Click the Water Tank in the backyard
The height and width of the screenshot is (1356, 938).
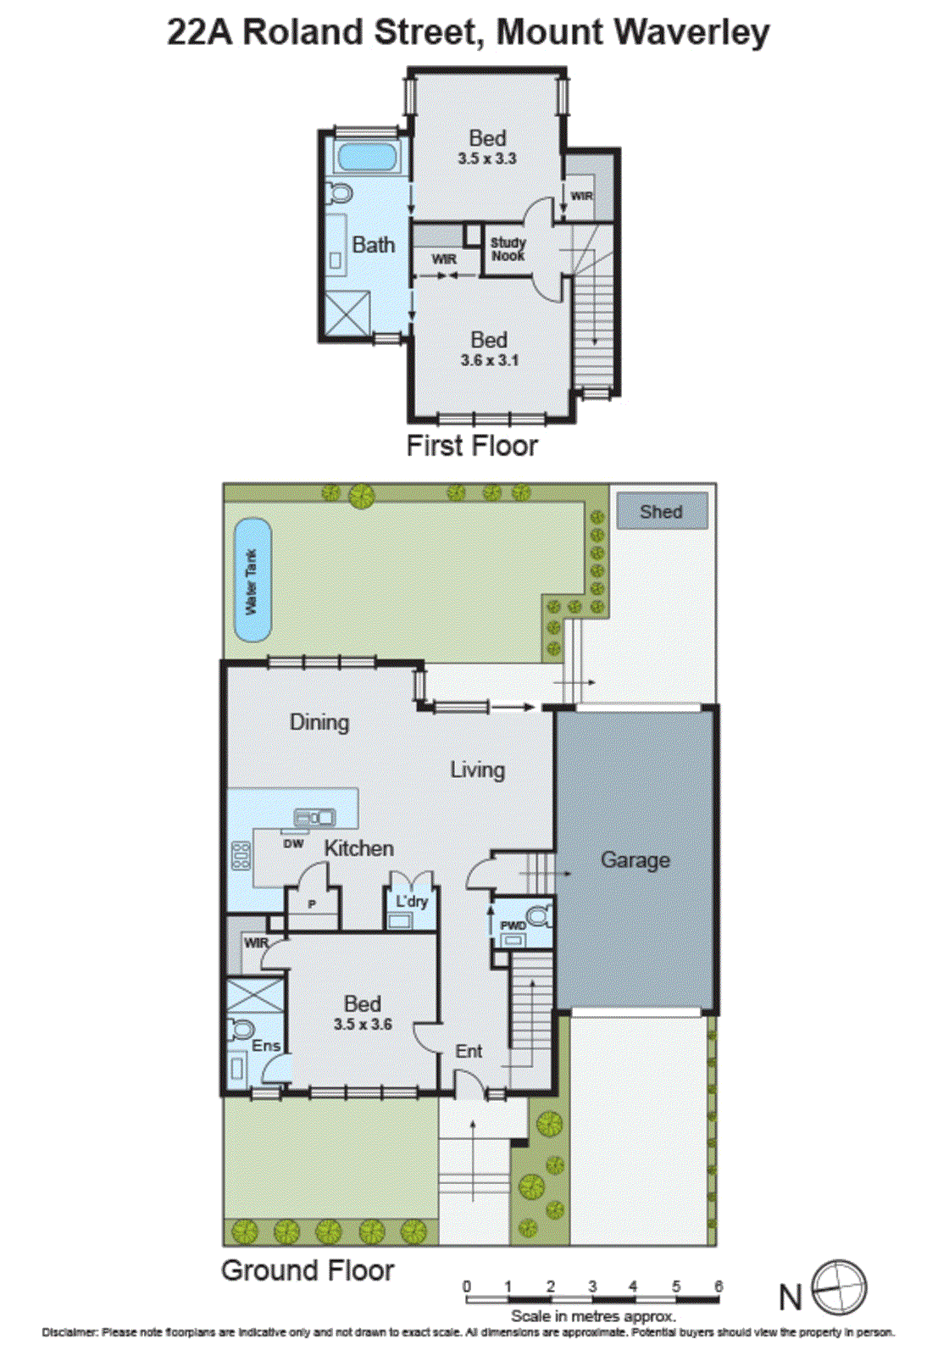[x=252, y=581]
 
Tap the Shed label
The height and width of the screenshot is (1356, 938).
[x=661, y=512]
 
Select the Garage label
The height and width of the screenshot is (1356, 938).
[x=635, y=860]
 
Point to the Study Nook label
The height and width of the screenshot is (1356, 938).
[x=508, y=249]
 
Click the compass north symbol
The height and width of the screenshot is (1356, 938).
[x=839, y=1287]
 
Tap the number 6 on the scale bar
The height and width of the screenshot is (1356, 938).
[x=719, y=1287]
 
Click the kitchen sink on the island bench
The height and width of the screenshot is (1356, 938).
[x=314, y=818]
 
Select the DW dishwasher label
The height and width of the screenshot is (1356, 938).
[x=293, y=843]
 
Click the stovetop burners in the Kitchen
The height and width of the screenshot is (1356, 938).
[x=241, y=856]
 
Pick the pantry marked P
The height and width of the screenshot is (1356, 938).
[x=312, y=905]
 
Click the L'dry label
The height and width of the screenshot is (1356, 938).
[x=412, y=901]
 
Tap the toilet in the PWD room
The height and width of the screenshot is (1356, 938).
[x=537, y=916]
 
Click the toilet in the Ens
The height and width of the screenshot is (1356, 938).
[x=241, y=1030]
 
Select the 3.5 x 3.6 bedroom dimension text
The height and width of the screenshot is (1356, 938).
[x=363, y=1025]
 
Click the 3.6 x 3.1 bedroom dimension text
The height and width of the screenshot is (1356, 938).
[x=490, y=360]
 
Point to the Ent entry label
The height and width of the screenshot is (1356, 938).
[x=469, y=1052]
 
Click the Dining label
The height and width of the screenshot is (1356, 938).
[x=319, y=722]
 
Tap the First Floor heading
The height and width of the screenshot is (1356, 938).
[x=472, y=446]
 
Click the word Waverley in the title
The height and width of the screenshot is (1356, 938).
[x=691, y=32]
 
